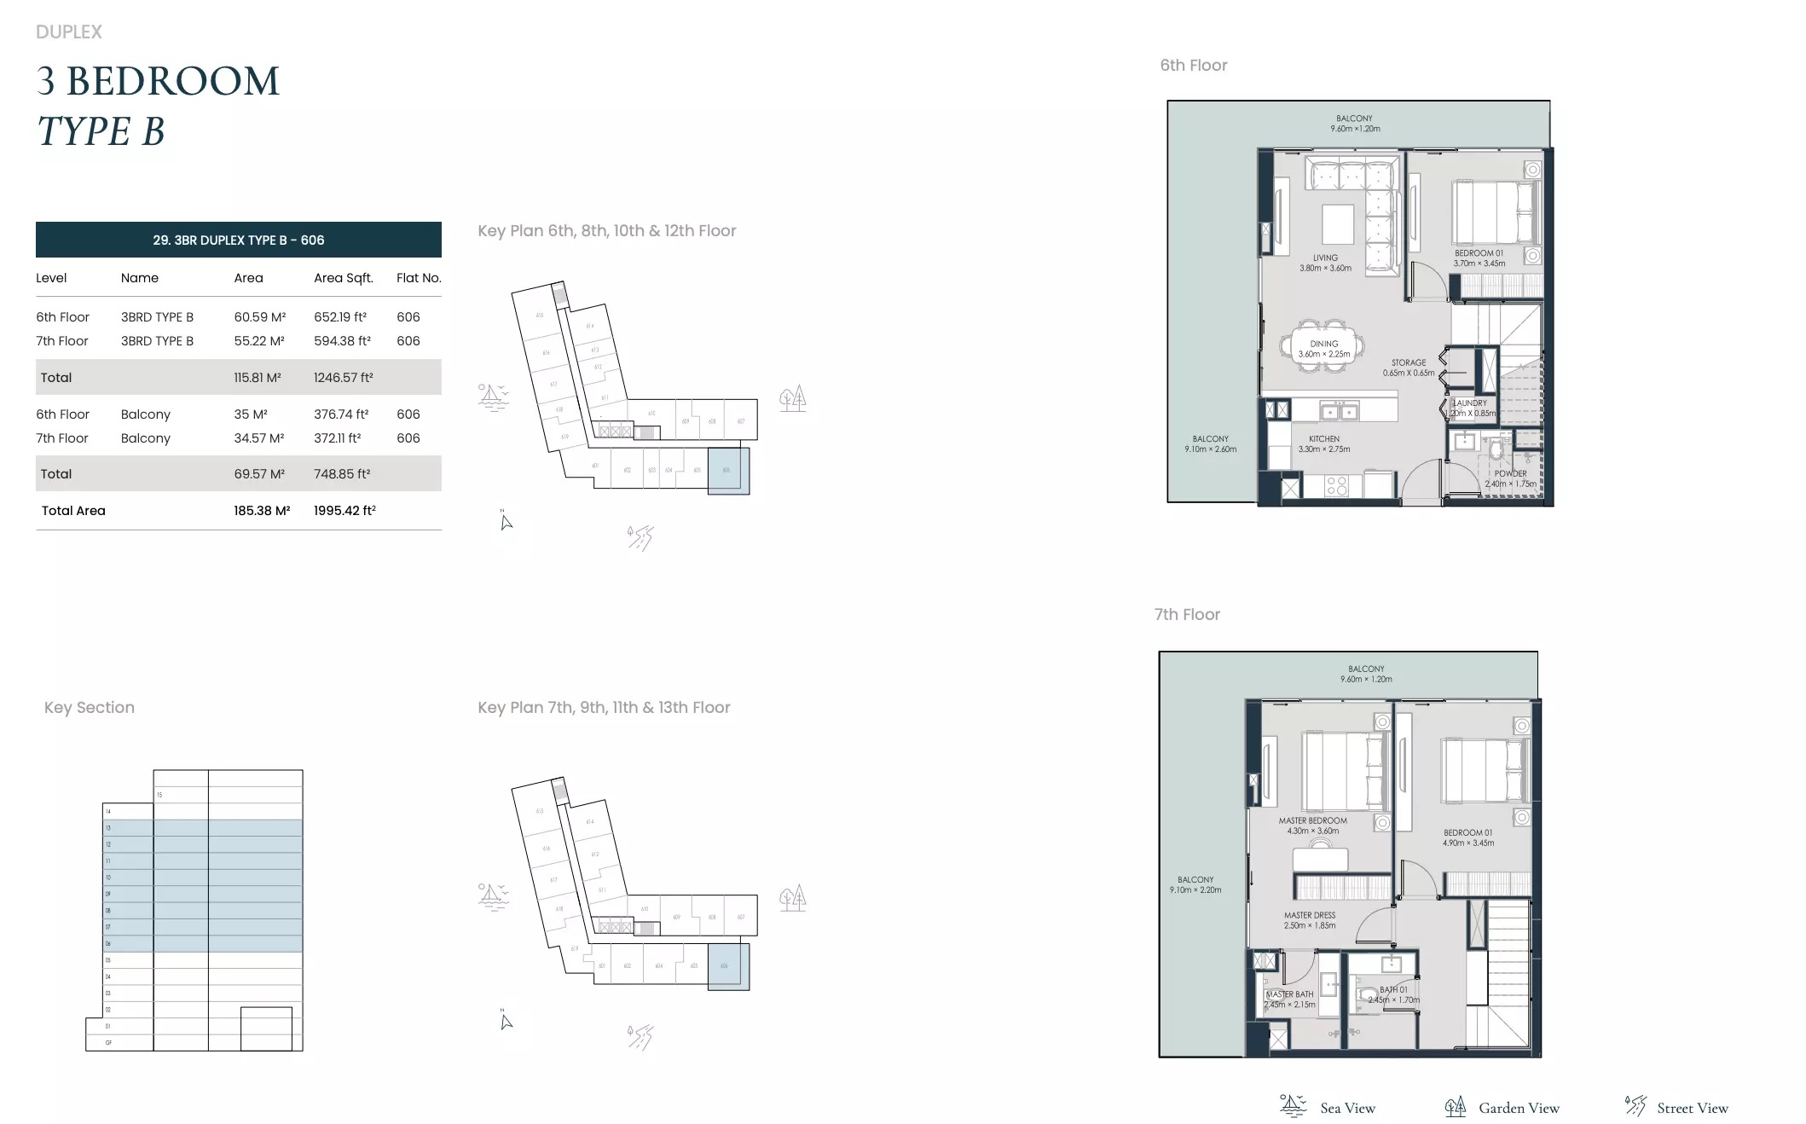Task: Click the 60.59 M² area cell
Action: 259,316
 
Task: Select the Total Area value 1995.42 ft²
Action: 344,511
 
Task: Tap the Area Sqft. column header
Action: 343,278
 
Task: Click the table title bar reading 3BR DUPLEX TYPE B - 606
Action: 239,240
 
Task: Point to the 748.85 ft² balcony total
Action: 341,474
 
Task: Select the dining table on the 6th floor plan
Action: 1323,345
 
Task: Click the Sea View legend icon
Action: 1293,1106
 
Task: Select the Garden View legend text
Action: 1518,1108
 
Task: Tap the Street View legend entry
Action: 1692,1108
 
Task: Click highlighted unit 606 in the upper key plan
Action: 728,470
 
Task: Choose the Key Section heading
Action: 89,707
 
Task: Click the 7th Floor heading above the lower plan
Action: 1186,614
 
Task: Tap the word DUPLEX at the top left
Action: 68,32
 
